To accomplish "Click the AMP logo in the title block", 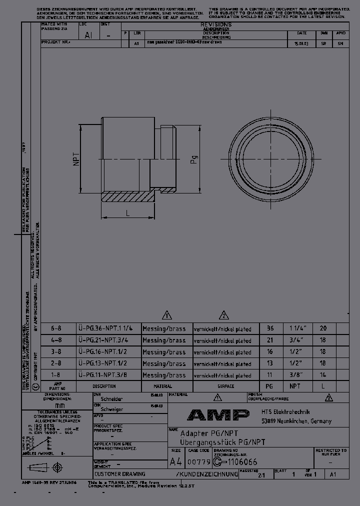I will (x=218, y=415).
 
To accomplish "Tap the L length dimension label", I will (x=128, y=213).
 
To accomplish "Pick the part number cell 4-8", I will (x=56, y=340).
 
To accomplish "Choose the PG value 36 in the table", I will (x=270, y=328).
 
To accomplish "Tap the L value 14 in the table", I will (x=323, y=375).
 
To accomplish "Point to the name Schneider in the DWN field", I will (x=112, y=399).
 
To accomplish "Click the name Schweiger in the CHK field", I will (x=112, y=409).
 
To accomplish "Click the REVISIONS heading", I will (x=215, y=24).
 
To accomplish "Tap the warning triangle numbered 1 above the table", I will (x=167, y=315).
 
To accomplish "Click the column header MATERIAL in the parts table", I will (x=162, y=386).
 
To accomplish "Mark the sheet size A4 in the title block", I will (x=175, y=461).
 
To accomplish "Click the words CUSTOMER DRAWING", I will (x=120, y=473).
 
